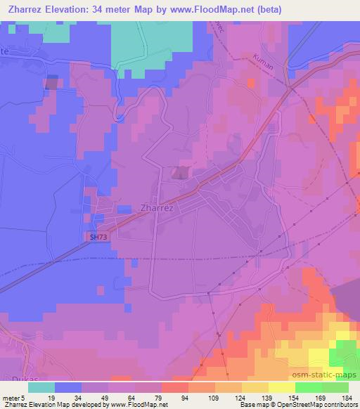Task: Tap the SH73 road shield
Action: (x=98, y=238)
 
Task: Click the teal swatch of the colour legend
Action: (x=41, y=387)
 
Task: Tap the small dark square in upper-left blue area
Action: (x=51, y=83)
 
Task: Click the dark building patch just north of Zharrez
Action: (x=181, y=172)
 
